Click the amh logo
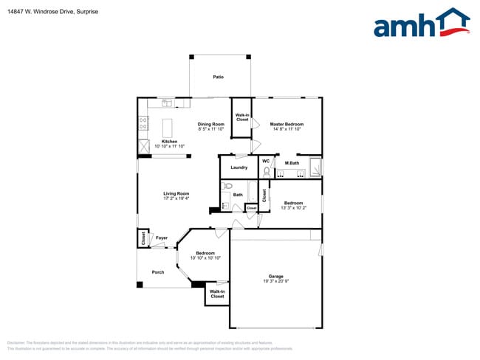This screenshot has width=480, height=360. [421, 24]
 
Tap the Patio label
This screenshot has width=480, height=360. [219, 77]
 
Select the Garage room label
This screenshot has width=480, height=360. [275, 277]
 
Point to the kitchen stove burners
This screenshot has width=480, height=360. [143, 125]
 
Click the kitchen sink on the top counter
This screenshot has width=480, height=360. [167, 103]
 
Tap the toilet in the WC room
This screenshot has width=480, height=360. [267, 170]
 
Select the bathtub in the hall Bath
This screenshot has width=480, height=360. [253, 193]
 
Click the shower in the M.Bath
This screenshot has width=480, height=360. [315, 168]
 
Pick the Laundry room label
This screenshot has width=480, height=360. [239, 167]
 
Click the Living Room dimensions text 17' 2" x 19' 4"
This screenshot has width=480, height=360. [176, 198]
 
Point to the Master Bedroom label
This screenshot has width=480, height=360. [285, 124]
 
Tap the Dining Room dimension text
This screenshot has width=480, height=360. [210, 129]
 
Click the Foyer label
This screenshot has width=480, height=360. [162, 238]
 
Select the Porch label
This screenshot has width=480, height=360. [158, 272]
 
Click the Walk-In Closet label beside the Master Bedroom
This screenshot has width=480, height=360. [241, 117]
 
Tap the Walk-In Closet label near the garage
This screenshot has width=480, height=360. [217, 294]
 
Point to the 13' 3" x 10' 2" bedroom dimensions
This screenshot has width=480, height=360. [292, 207]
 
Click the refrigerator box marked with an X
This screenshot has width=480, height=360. [143, 147]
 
